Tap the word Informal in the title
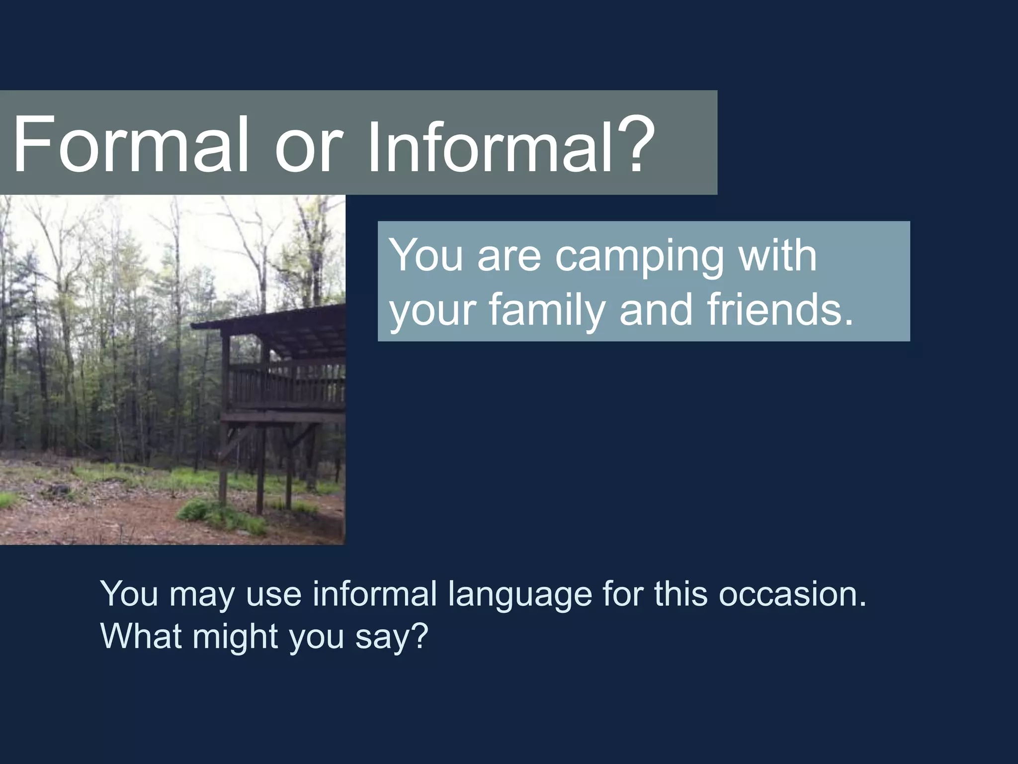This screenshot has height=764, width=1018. pos(490,144)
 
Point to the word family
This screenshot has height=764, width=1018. pos(546,311)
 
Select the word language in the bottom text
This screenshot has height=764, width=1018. pos(519,596)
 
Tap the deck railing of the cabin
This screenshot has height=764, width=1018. pos(288,383)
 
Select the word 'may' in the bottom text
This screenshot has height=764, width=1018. pos(201,596)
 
